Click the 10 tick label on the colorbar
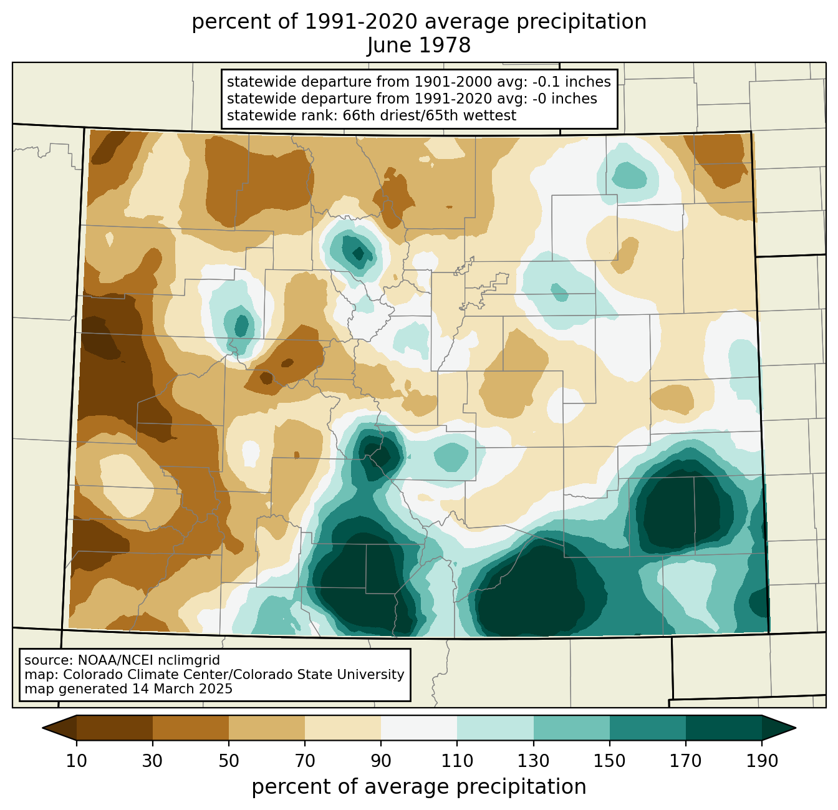[76, 761]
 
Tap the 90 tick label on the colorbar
[381, 761]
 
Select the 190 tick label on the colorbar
[762, 761]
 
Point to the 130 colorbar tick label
[533, 761]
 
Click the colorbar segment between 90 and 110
[419, 728]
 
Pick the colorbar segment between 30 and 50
[190, 728]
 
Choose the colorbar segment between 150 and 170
[648, 728]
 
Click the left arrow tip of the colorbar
[42, 728]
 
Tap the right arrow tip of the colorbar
[796, 728]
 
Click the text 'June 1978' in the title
[418, 45]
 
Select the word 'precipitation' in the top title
[581, 22]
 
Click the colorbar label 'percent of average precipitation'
[419, 786]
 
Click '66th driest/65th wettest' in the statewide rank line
[430, 115]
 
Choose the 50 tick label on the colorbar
[229, 761]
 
